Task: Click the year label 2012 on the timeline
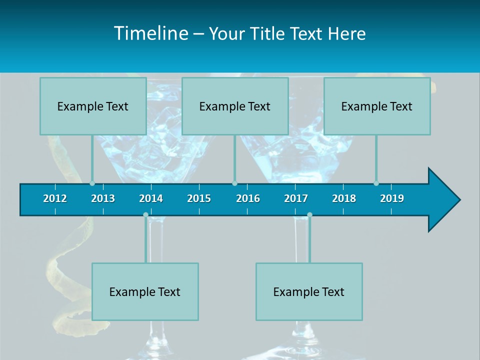coord(55,198)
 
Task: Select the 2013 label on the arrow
coord(103,198)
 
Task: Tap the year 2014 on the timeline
coord(151,198)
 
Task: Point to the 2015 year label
coord(199,198)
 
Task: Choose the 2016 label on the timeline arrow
coord(248,198)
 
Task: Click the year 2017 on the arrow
coord(296,198)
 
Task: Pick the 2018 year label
coord(344,198)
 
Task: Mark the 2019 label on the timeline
coord(392,198)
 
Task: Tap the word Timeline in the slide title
coord(150,33)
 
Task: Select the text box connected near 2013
coord(93,106)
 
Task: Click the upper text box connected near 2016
coord(235,106)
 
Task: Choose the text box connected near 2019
coord(377,106)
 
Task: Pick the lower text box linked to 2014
coord(145,291)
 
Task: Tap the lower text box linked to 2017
coord(309,291)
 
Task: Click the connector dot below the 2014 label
coord(145,215)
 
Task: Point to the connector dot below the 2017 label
coord(309,215)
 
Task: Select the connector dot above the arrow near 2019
coord(376,183)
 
